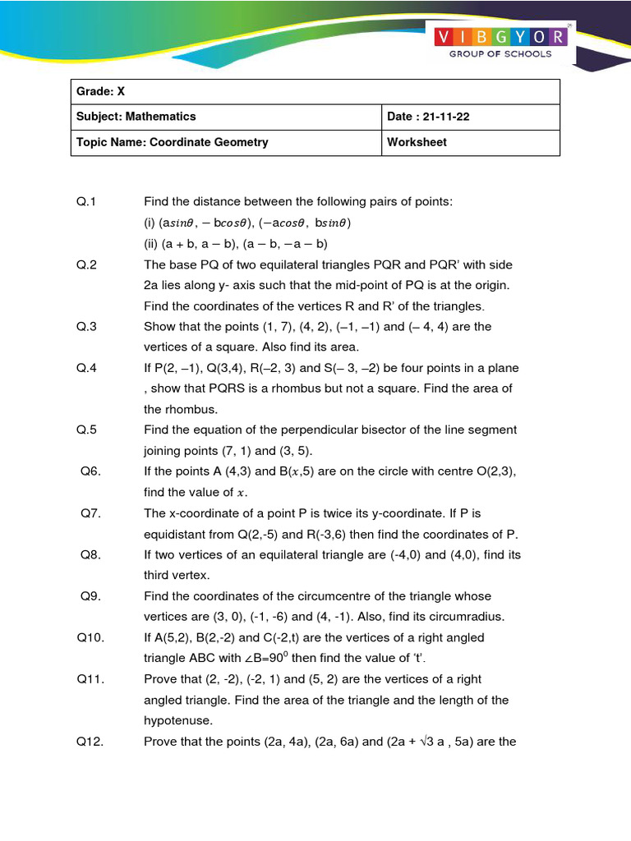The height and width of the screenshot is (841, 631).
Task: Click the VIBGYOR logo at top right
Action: point(500,37)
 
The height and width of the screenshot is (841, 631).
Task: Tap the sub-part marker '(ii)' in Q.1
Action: point(152,243)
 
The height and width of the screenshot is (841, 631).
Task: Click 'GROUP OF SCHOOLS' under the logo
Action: point(500,54)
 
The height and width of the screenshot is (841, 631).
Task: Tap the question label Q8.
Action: point(90,554)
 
